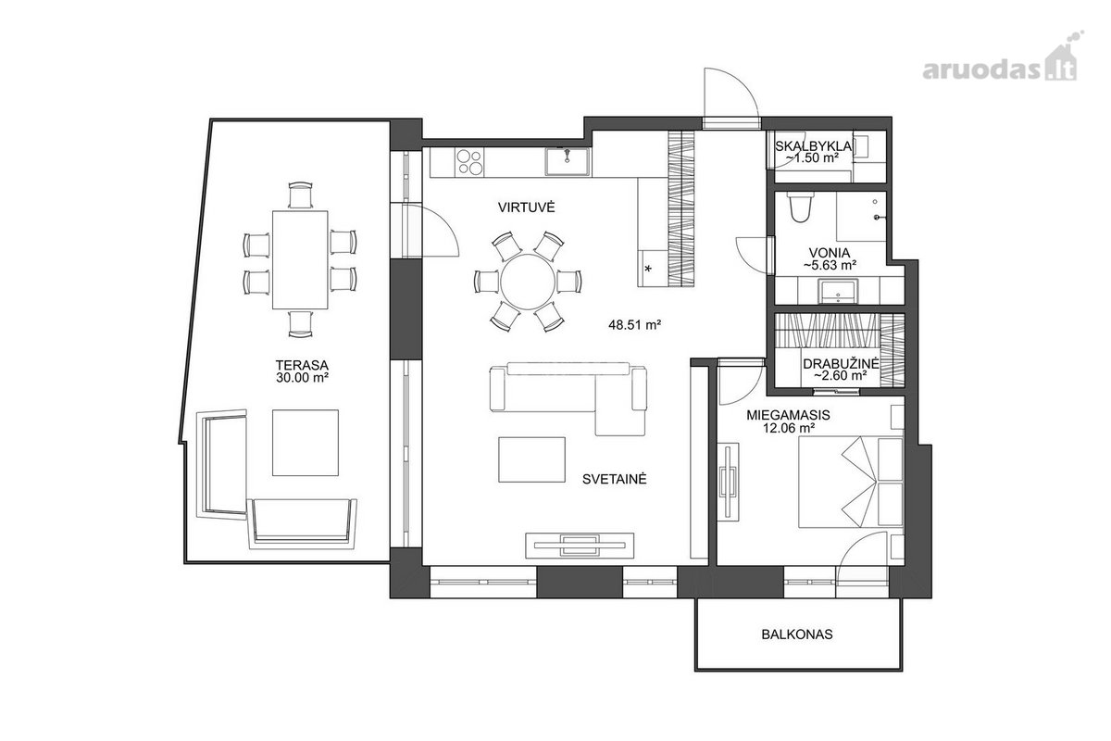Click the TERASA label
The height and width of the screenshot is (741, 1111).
click(x=302, y=365)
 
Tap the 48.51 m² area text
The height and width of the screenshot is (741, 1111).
click(x=635, y=325)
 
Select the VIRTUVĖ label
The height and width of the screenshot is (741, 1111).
click(x=526, y=207)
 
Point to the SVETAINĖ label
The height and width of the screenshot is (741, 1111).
click(x=615, y=479)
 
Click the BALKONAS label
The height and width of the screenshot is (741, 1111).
click(x=797, y=634)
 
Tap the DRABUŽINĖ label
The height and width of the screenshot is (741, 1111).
click(x=841, y=364)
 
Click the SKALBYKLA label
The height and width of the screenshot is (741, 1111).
click(x=814, y=146)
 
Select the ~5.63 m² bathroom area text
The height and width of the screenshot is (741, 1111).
click(x=830, y=266)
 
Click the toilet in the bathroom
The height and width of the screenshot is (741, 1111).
click(x=801, y=207)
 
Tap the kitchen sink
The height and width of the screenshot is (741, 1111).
click(x=568, y=162)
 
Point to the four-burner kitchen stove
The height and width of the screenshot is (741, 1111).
click(x=469, y=162)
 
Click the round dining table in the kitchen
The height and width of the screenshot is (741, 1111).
click(x=528, y=282)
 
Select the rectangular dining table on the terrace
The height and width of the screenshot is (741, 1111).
click(x=300, y=259)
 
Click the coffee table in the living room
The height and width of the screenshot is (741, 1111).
click(x=531, y=459)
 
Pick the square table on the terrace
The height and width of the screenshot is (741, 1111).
click(x=306, y=443)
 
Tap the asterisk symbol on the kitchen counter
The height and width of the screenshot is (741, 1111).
click(x=648, y=269)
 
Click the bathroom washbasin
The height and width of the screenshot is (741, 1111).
click(x=838, y=292)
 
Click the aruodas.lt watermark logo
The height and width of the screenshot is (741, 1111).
click(x=1001, y=63)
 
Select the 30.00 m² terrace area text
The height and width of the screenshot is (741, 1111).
click(x=302, y=378)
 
